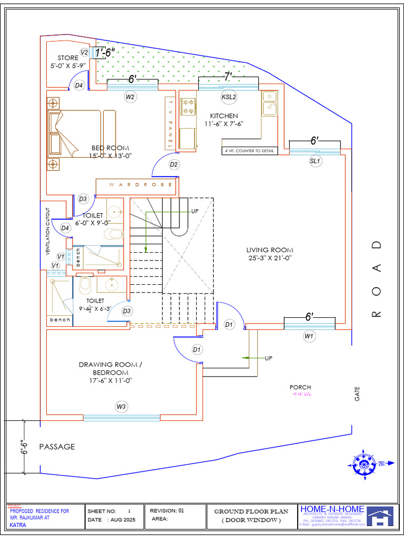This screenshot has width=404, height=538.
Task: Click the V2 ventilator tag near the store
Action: point(84,52)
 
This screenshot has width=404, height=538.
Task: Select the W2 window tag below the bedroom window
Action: point(130,97)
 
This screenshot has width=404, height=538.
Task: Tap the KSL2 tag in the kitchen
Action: point(229,97)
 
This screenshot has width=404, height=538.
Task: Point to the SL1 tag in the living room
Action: point(315,161)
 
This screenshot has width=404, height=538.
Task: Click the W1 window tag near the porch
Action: point(309,336)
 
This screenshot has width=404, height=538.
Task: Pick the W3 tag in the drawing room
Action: point(122,406)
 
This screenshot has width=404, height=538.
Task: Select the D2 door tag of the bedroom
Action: point(174,164)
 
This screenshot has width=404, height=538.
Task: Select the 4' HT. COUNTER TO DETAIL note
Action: point(249,151)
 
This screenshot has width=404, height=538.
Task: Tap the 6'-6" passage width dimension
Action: point(24,446)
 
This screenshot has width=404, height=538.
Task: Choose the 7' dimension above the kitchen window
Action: point(228,77)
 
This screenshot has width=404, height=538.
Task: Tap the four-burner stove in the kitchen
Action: point(188,107)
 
